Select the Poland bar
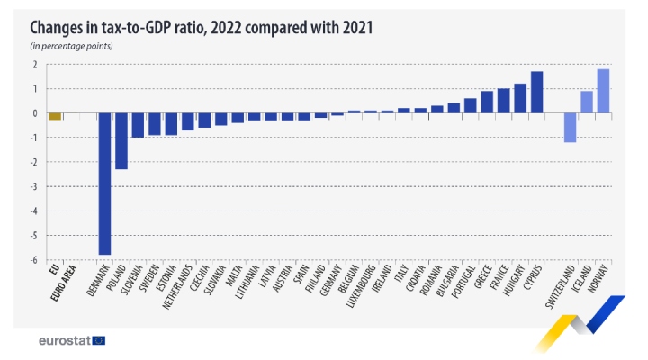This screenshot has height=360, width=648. (x=121, y=141)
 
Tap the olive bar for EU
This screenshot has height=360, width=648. (x=55, y=116)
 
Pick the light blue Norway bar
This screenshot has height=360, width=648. (x=603, y=91)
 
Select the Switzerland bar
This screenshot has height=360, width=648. (x=570, y=128)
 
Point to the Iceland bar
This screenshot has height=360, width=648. (x=587, y=102)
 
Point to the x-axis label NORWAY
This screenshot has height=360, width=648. (x=599, y=281)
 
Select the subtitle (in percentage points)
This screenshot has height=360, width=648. (x=71, y=45)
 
